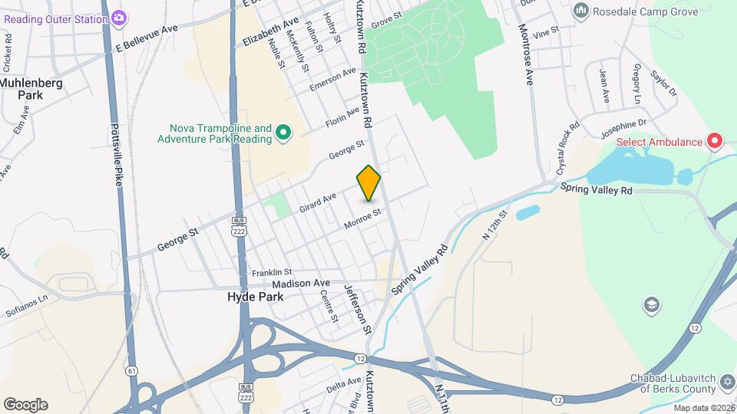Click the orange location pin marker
(369, 183)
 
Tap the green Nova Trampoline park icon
(283, 134)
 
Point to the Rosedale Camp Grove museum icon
(580, 11)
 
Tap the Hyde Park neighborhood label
(256, 297)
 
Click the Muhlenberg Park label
(31, 89)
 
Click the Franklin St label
(273, 272)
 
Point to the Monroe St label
(362, 219)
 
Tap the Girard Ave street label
(318, 202)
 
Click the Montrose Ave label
(527, 54)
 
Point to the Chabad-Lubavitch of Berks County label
(675, 383)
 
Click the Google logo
(25, 405)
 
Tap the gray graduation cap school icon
(651, 305)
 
